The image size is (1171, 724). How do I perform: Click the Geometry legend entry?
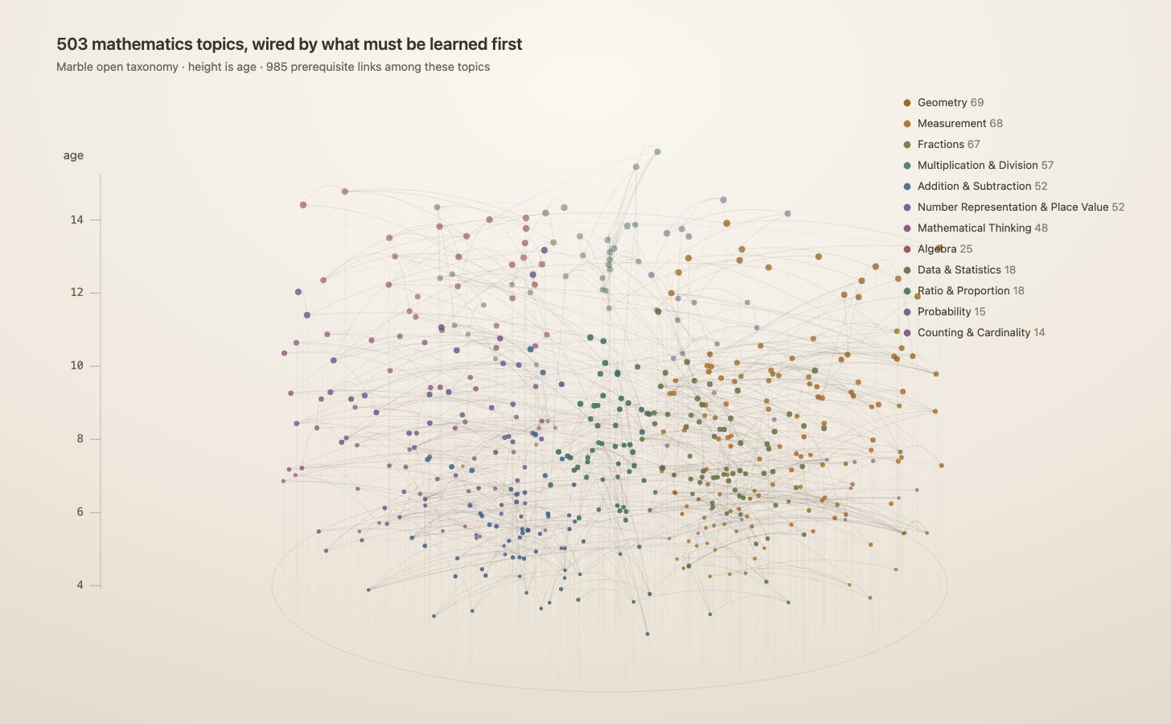[x=943, y=102]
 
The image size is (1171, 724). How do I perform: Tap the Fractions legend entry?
[x=941, y=144]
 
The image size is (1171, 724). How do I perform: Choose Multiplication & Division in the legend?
[x=978, y=165]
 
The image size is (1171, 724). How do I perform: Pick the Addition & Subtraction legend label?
[x=975, y=186]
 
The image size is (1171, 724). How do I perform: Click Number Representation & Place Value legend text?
[x=1013, y=207]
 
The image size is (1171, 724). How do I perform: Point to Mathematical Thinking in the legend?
[x=975, y=228]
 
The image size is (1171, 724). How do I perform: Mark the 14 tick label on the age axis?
[x=77, y=220]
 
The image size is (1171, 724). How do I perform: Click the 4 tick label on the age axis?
[x=80, y=585]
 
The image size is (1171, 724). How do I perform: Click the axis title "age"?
[x=73, y=156]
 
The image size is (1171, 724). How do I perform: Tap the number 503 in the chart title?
[x=72, y=44]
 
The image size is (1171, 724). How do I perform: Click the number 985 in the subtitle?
[x=276, y=67]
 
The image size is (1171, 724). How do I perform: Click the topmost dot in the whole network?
[x=658, y=151]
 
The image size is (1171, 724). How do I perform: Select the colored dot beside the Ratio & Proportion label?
[x=907, y=291]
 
